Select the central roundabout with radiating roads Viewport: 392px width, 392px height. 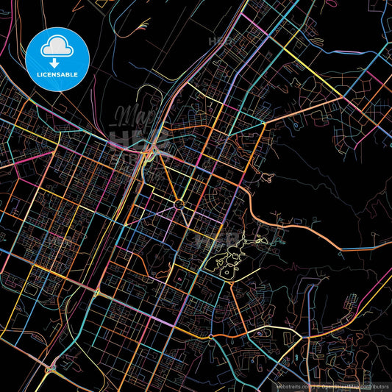pos(178,204)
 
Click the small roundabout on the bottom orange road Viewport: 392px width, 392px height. pos(211,337)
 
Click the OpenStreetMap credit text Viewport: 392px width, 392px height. pos(354,385)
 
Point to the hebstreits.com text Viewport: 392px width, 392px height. pos(293,385)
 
